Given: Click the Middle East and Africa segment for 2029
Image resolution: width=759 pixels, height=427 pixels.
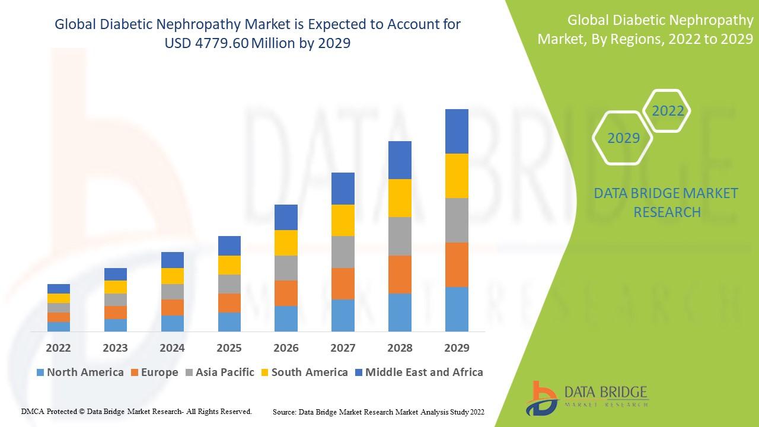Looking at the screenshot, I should (x=457, y=131).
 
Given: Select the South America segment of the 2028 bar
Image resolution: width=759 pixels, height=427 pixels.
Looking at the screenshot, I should (x=400, y=198).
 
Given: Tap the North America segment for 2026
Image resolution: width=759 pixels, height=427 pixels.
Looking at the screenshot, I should (x=286, y=318).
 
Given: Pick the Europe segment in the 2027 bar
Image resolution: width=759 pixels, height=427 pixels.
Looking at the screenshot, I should (x=343, y=283).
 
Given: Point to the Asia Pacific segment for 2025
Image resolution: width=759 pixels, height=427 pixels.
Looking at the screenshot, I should (x=229, y=283).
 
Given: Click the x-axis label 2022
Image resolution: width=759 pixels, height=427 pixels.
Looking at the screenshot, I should (x=58, y=348).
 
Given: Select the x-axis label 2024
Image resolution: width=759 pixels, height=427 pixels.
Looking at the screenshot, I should (x=172, y=348).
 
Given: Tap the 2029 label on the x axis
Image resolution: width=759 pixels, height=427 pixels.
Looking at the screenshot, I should (x=457, y=348).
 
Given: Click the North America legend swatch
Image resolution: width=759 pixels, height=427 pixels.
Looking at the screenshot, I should (x=40, y=372).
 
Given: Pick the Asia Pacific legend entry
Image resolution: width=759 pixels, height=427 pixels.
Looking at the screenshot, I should (x=219, y=372).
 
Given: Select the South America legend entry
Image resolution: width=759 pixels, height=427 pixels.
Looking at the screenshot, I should (x=303, y=372).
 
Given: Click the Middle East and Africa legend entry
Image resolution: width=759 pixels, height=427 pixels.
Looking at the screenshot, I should (x=418, y=372).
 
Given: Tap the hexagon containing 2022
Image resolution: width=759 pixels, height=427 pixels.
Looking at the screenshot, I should (x=668, y=111).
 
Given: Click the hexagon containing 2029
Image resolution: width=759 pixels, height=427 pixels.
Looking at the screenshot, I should (x=623, y=138).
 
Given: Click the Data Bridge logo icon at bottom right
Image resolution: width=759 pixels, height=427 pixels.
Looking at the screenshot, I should (x=544, y=396).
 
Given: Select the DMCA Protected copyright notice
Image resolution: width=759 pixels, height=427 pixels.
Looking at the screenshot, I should (x=136, y=411).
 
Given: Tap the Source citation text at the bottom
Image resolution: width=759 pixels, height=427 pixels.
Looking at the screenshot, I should (x=378, y=411).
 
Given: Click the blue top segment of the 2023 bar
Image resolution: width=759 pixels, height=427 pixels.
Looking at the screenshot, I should (x=116, y=274).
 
